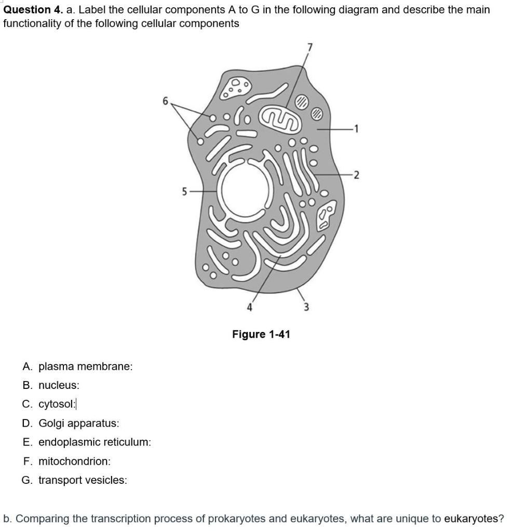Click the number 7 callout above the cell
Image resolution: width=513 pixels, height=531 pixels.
[310, 47]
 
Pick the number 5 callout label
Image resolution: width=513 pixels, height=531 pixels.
[184, 191]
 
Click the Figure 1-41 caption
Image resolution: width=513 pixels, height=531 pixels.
[261, 334]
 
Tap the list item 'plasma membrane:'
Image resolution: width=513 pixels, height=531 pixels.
[85, 367]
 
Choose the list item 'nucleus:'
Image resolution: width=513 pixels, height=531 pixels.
[59, 385]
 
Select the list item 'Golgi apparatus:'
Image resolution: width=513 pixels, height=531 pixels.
[78, 423]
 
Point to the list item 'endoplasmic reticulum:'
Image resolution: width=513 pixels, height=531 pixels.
[95, 442]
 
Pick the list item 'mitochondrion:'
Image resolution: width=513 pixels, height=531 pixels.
[74, 461]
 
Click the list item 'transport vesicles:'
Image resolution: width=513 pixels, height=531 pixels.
[82, 480]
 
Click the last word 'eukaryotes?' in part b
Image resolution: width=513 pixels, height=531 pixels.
[474, 519]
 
